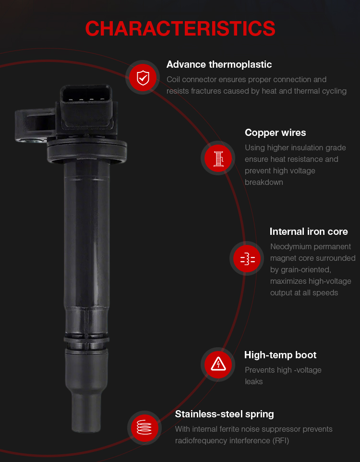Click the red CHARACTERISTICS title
click(x=180, y=29)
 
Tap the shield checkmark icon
click(x=143, y=77)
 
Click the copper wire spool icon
click(x=218, y=158)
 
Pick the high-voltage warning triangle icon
click(x=218, y=365)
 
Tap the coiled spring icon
click(x=144, y=427)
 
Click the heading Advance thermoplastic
click(x=219, y=64)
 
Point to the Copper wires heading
click(x=275, y=133)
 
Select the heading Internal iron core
click(x=309, y=231)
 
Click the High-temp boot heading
click(x=280, y=355)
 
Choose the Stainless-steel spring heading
click(x=224, y=414)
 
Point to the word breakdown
click(x=264, y=182)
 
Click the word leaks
click(x=253, y=382)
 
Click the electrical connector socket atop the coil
click(x=86, y=106)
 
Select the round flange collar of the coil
click(x=86, y=150)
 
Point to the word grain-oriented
click(x=300, y=270)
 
